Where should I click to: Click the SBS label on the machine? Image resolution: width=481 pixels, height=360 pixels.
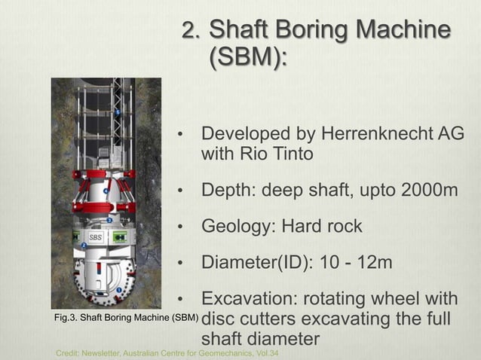[96, 237]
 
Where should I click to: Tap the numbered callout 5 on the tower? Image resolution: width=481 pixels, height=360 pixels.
[117, 112]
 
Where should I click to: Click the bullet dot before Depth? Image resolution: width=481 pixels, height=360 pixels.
[180, 191]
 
